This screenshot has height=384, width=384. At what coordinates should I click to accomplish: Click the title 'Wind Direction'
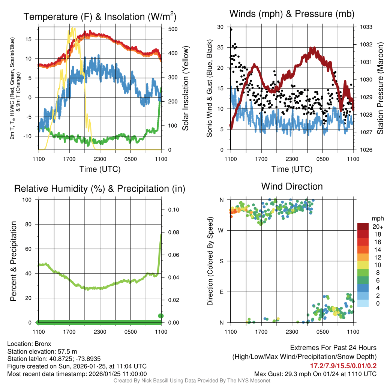click(292, 186)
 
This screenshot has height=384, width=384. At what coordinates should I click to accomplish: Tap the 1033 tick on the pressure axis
click(365, 27)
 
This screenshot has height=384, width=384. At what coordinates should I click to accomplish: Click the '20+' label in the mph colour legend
click(378, 227)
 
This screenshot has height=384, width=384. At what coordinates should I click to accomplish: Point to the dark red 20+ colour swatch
click(363, 226)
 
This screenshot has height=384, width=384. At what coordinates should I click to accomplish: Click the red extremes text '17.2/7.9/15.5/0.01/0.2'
click(343, 366)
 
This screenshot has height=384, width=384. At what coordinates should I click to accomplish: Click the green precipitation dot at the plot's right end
click(161, 316)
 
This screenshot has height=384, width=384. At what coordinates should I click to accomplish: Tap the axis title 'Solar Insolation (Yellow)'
click(185, 88)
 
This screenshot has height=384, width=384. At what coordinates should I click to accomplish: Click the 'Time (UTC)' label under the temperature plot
click(100, 169)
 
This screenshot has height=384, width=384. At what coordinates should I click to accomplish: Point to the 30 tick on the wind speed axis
click(220, 27)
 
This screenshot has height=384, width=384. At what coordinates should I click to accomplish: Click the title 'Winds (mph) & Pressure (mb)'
click(292, 14)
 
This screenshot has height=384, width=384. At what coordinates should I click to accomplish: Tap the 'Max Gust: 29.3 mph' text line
click(315, 373)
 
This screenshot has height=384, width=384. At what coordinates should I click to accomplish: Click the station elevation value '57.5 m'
click(69, 351)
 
